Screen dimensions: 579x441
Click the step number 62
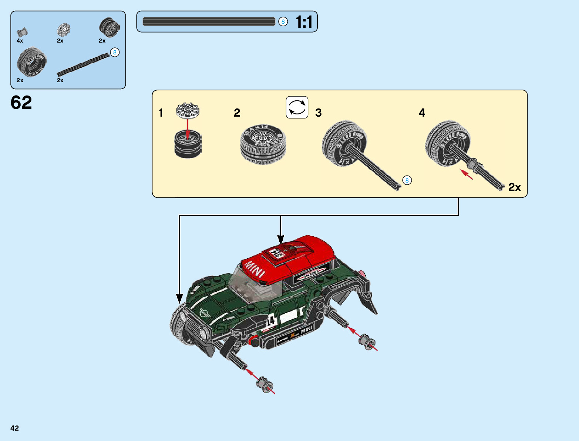tap(21, 103)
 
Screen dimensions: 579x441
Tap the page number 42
tap(14, 428)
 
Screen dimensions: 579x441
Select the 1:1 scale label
tap(304, 22)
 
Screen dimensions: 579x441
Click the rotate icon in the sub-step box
tap(297, 107)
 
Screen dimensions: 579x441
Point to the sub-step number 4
tap(422, 113)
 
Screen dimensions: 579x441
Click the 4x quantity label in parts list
tap(20, 41)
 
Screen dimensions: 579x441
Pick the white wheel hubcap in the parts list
tap(64, 30)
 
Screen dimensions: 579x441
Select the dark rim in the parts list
tap(110, 27)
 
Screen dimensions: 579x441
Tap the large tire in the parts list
tap(31, 62)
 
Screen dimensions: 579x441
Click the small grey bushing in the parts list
tap(23, 32)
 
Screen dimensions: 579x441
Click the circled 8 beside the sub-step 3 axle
tap(407, 180)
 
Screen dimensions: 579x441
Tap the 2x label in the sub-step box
tap(514, 187)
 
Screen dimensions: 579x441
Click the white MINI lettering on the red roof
tap(255, 269)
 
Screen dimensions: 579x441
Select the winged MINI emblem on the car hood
tap(205, 312)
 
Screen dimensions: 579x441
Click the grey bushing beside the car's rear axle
tap(367, 342)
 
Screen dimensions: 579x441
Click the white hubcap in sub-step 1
tap(188, 110)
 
